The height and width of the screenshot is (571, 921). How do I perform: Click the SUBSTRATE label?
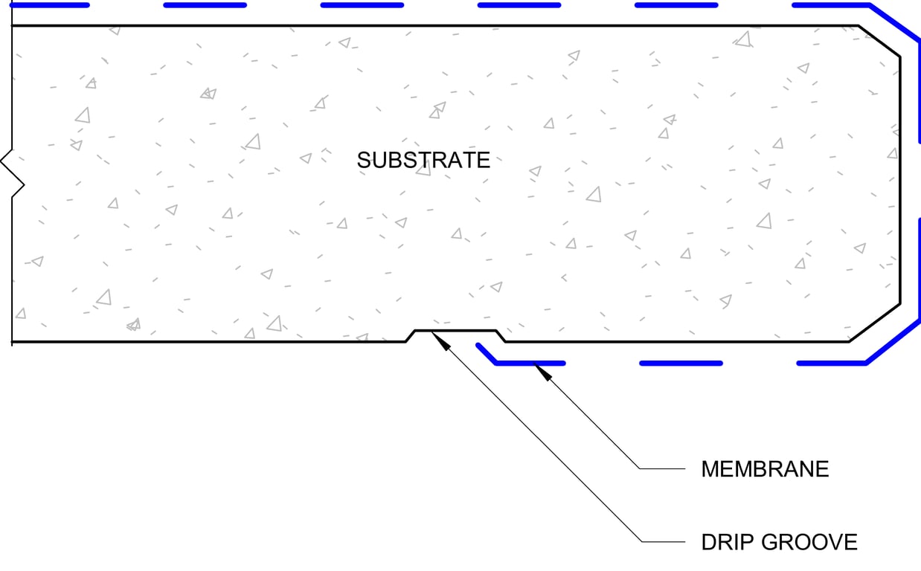(x=423, y=160)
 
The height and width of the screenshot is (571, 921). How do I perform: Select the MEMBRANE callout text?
(x=765, y=469)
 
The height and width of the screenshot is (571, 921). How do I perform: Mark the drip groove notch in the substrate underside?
(x=455, y=332)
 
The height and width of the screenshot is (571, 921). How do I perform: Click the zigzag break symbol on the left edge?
(x=14, y=172)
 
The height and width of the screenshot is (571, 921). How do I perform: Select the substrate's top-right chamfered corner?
(x=879, y=40)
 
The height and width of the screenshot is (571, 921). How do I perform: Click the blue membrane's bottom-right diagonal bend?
(x=893, y=343)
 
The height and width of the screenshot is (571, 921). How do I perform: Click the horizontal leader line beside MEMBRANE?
(x=662, y=469)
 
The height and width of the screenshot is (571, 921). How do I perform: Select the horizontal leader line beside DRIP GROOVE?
(x=662, y=542)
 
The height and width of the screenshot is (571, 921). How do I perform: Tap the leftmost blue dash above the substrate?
(x=48, y=5)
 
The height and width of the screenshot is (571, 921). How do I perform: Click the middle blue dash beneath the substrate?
(x=681, y=363)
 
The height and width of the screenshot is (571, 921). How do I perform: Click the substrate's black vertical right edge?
(x=900, y=178)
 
